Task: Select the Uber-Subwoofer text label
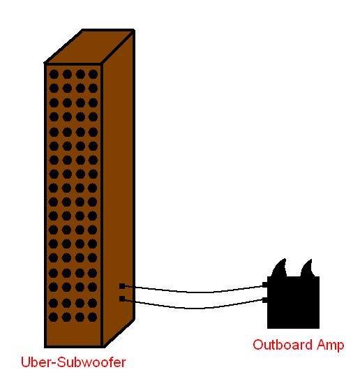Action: tap(73, 362)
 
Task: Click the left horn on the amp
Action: tap(280, 268)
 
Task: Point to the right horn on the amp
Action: tap(308, 268)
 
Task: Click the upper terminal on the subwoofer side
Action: tap(122, 286)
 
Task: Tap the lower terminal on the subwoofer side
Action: tap(122, 299)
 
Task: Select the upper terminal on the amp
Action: tap(265, 285)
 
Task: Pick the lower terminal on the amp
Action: tap(265, 300)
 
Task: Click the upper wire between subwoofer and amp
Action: tap(193, 292)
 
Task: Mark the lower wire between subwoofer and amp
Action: tap(193, 309)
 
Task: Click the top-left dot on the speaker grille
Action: tap(54, 74)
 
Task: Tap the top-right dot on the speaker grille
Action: tap(93, 74)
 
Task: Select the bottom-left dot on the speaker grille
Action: tap(54, 317)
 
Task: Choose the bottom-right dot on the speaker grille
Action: tap(92, 317)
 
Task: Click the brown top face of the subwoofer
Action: tap(89, 47)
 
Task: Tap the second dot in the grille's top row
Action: tap(67, 74)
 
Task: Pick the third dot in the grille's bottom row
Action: tap(80, 317)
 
